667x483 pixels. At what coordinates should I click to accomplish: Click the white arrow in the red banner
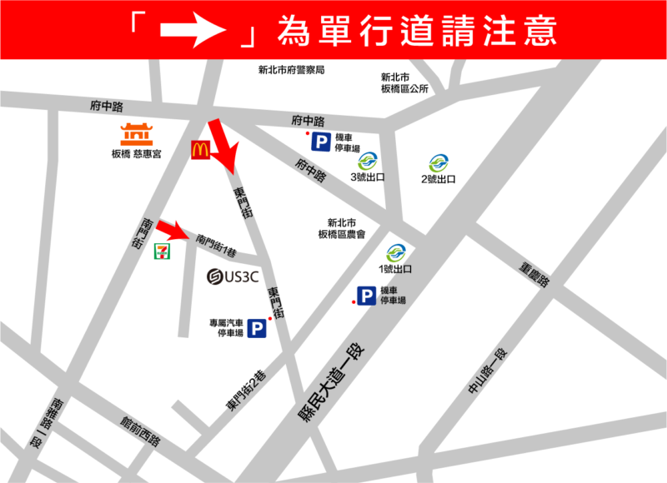pos(193,30)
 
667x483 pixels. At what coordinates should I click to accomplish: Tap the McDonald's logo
pos(200,150)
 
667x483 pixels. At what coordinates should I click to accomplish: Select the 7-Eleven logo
pos(163,250)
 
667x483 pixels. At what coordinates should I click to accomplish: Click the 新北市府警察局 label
pos(291,70)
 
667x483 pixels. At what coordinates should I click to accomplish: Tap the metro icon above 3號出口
pos(368,161)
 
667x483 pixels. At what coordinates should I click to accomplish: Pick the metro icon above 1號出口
pos(396,252)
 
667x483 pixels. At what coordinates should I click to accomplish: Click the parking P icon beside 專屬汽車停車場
pos(257,328)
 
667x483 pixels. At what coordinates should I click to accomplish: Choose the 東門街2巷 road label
pos(246,390)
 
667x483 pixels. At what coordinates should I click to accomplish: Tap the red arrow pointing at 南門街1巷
pos(176,229)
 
